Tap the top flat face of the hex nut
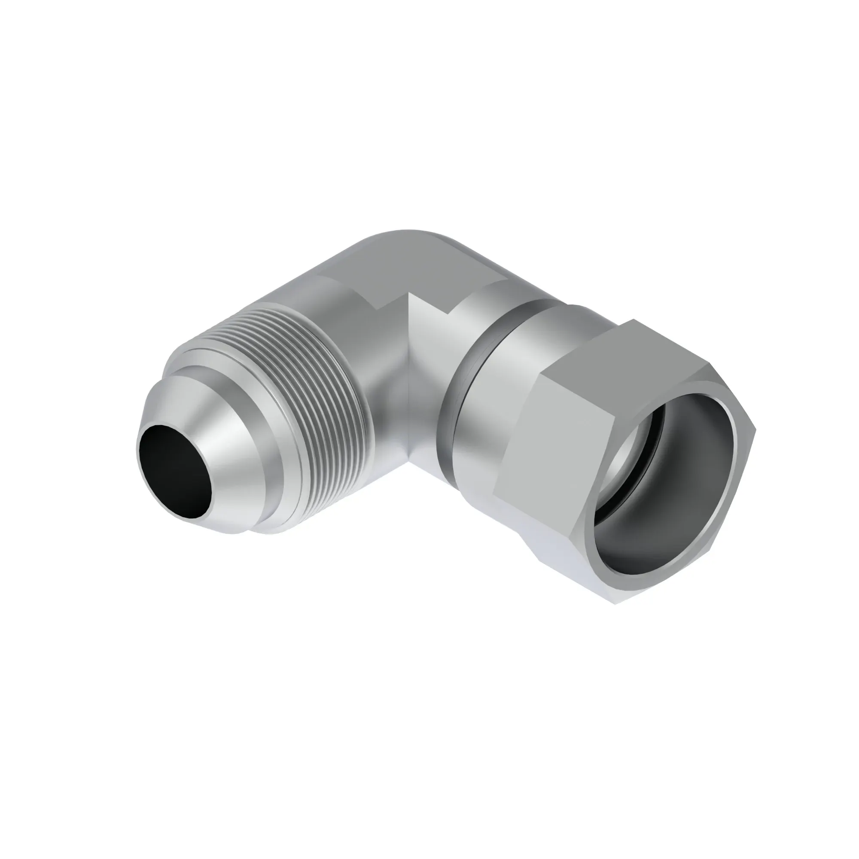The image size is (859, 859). [x=631, y=351]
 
